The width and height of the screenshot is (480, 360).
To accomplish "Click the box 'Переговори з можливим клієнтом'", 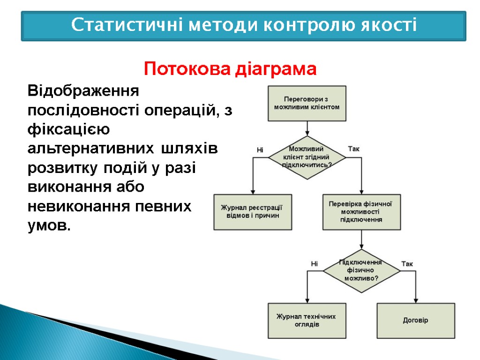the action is click(307, 103).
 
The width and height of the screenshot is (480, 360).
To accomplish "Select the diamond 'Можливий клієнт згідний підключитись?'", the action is click(307, 157).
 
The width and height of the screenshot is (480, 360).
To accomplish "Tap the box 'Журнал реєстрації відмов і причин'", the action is click(253, 212).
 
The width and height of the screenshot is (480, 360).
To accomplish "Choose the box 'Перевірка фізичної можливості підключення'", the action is click(361, 212).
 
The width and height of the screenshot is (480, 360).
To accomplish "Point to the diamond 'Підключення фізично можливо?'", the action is click(361, 270).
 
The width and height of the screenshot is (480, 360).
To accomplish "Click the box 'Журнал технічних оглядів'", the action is click(307, 321).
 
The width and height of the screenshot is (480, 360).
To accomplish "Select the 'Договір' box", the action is click(416, 321).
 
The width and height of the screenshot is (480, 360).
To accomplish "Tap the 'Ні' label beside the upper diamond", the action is click(260, 150).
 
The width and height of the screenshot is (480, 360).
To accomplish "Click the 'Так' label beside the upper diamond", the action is click(354, 149).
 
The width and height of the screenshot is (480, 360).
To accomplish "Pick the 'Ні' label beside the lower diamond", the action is click(315, 264).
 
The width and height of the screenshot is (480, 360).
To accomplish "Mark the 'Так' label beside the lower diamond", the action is click(407, 264).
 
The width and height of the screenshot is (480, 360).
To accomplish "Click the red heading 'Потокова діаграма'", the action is click(230, 70).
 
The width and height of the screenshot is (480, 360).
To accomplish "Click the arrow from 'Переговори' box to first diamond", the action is click(307, 128).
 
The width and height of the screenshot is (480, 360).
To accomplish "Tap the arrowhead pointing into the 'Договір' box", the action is click(416, 300).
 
